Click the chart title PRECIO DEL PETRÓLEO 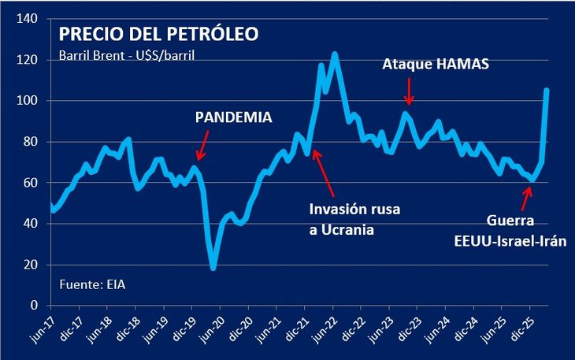tap(159, 35)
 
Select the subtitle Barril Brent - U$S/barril tap(127, 56)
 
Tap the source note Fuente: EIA tap(92, 283)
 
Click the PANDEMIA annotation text tap(233, 118)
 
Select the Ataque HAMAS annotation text tap(436, 65)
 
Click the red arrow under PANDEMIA tap(203, 146)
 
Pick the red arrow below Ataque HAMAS tap(409, 93)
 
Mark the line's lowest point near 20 tap(213, 268)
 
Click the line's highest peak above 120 tap(334, 54)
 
